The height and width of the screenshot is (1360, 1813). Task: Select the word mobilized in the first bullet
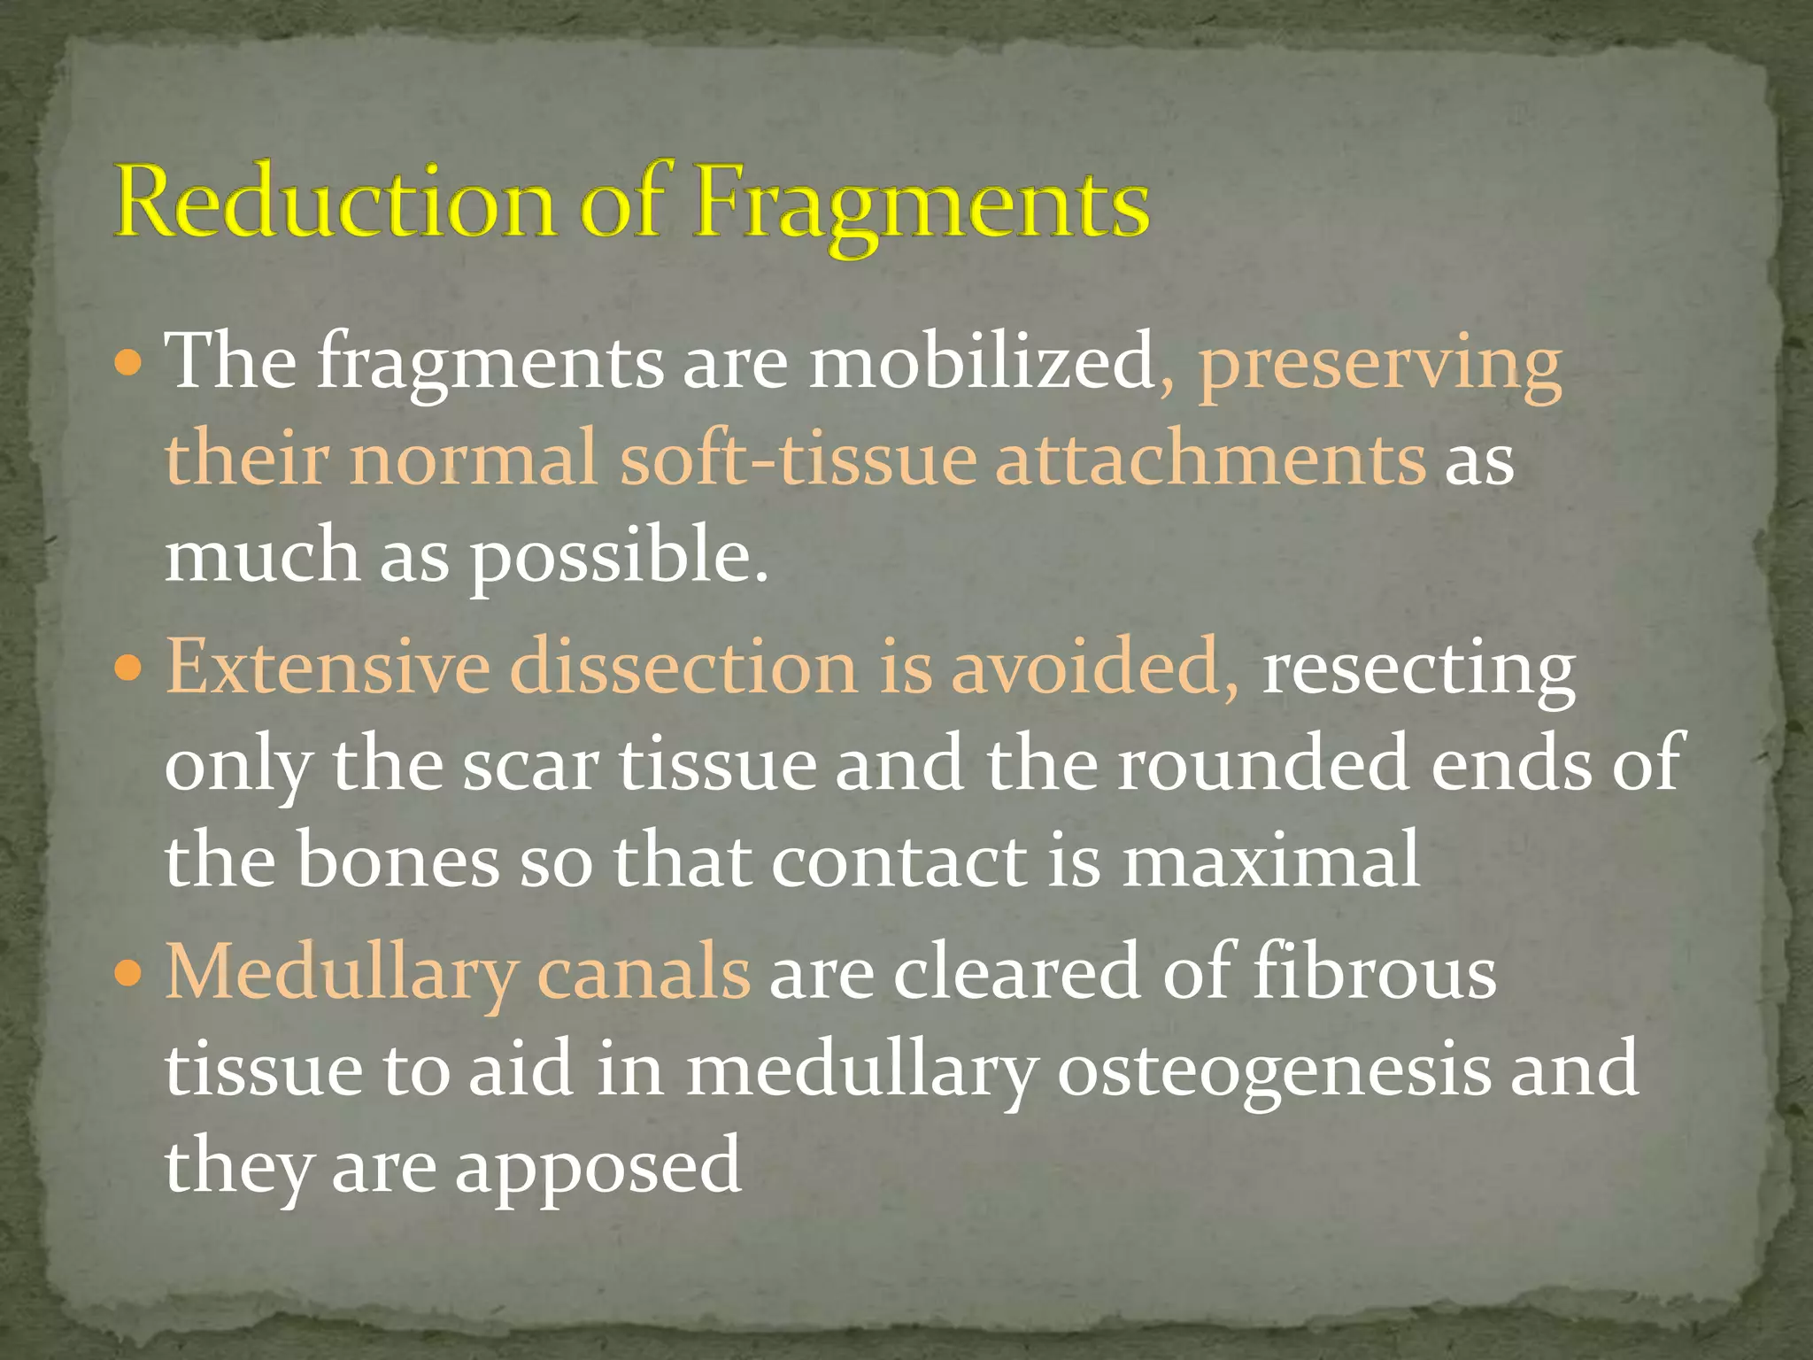pos(983,362)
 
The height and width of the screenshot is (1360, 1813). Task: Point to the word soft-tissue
pos(797,460)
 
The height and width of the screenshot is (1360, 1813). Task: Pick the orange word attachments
pos(1210,460)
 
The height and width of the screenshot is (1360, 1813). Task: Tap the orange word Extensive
pos(328,667)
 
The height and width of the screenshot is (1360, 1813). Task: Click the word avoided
pos(1093,667)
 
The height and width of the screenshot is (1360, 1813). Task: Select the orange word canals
pos(644,972)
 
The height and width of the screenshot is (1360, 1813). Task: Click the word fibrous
pos(1374,972)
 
